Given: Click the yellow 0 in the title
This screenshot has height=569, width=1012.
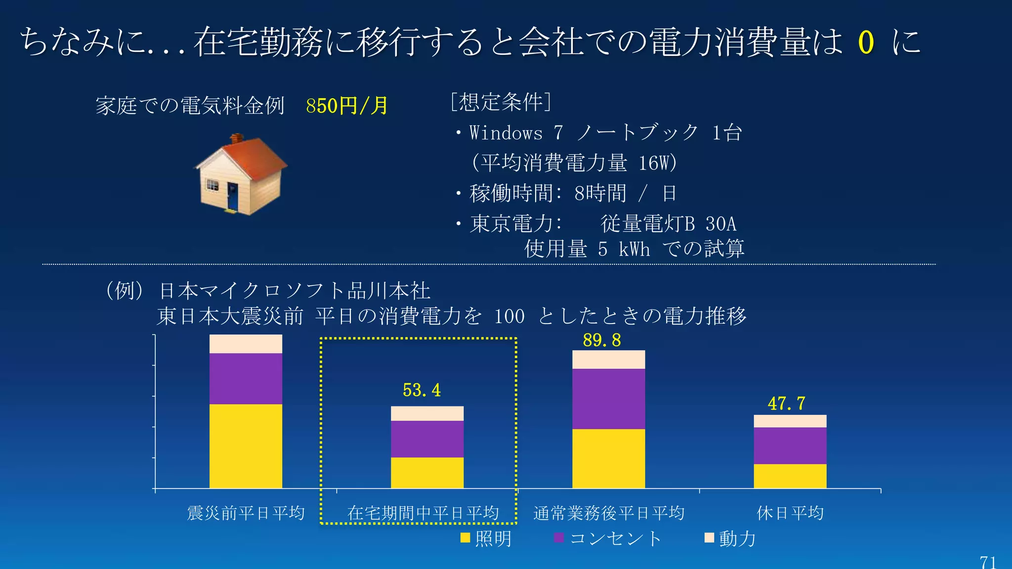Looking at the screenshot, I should coord(866,42).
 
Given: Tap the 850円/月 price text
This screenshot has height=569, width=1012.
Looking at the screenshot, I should coord(347,106).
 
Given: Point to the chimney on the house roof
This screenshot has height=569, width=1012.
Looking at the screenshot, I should coord(237,139).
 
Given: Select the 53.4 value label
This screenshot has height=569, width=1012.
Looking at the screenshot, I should coord(422,390).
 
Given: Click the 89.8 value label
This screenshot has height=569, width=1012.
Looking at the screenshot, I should coord(601,340).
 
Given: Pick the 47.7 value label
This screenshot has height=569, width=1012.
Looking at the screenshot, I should coord(786,404).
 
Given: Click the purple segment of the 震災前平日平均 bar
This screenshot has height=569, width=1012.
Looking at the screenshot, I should coord(246,378).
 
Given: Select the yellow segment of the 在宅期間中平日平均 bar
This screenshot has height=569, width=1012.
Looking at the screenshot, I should coord(427,473).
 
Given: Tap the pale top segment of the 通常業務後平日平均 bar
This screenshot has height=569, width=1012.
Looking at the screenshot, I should coord(608,360).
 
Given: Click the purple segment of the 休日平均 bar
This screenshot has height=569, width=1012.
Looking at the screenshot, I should coord(790,446).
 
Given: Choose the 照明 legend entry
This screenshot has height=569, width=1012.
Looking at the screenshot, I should coord(485,538).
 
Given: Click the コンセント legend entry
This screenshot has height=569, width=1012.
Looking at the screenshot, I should coord(608,538).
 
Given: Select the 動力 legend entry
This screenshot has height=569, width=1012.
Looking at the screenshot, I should coord(730,538).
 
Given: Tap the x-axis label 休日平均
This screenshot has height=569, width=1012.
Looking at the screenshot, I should coord(790,513).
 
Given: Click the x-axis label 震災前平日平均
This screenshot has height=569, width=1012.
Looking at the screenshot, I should coord(246,513).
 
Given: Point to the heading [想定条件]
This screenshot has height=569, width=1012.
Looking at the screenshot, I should coord(501,102).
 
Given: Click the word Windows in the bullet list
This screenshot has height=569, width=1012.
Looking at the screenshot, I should coord(506,133).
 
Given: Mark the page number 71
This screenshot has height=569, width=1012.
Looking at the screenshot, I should coord(988,562).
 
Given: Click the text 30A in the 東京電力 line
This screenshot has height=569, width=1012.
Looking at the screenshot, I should coord(720,224).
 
